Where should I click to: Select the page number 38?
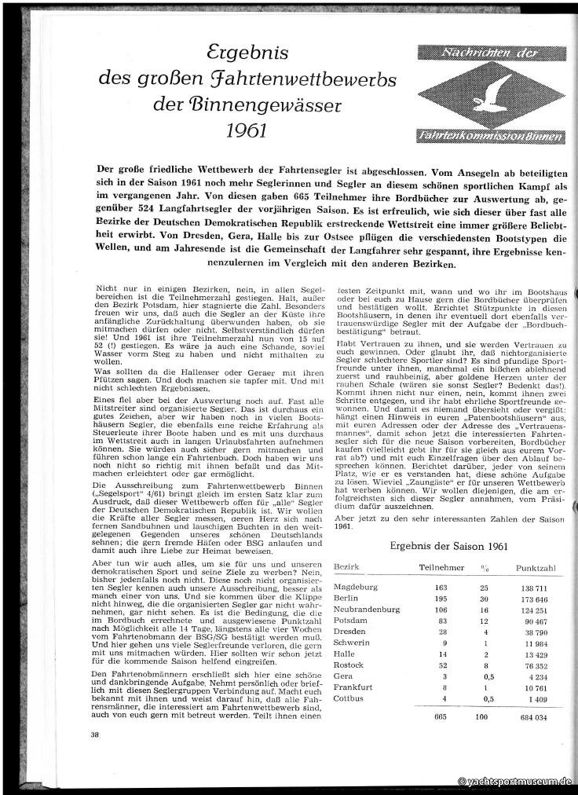95,735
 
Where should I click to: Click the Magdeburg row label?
357,587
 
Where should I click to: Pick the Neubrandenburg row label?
368,609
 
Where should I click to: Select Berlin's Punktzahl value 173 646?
535,598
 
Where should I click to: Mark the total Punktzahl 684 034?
535,716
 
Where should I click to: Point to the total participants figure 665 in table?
444,716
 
